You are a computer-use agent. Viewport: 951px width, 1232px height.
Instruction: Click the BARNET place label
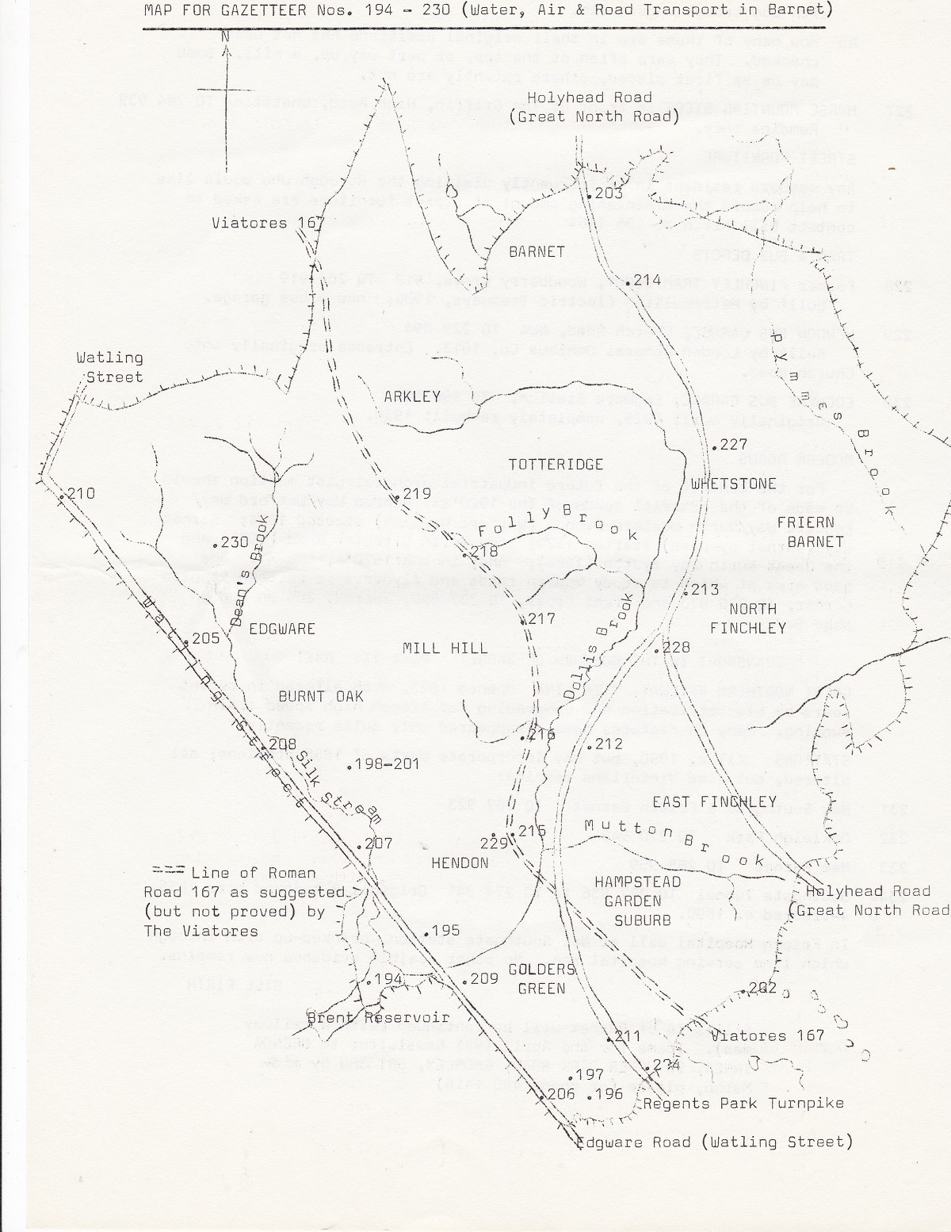tap(537, 251)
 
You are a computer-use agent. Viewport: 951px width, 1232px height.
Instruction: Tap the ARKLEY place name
tap(411, 396)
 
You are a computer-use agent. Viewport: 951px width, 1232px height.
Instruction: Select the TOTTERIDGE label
tap(556, 464)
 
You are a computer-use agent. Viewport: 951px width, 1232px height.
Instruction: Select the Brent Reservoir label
tap(378, 1017)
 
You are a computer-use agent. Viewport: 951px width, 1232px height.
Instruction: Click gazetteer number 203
tap(609, 193)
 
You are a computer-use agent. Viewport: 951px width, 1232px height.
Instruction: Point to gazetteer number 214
tap(647, 279)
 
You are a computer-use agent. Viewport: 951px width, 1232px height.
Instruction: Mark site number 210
tap(79, 493)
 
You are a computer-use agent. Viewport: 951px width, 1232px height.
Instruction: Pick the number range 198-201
tap(385, 763)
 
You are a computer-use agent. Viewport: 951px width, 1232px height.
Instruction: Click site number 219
tap(415, 494)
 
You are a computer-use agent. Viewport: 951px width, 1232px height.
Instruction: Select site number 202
tap(762, 988)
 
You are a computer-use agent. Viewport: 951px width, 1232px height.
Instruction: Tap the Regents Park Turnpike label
tap(743, 1103)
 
